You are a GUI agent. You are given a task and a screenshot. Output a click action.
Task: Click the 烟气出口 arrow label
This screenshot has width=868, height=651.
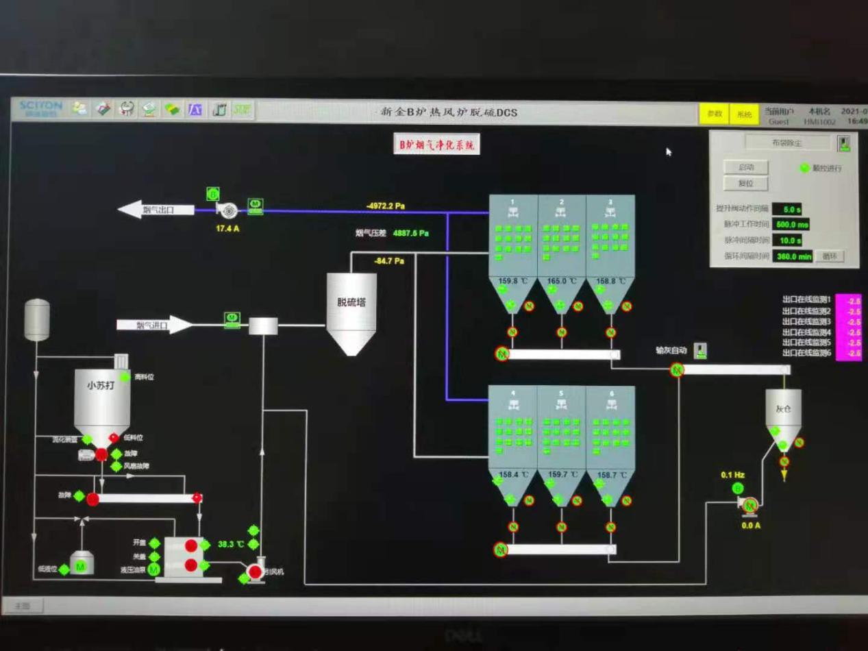click(x=158, y=210)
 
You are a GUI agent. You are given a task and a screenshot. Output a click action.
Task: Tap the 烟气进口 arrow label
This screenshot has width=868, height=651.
click(x=152, y=325)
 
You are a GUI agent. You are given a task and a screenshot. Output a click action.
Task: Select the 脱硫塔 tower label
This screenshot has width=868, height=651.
click(x=351, y=302)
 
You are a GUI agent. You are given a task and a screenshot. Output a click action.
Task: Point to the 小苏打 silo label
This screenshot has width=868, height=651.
click(x=101, y=385)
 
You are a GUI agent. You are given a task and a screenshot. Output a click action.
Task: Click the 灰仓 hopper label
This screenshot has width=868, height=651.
click(x=783, y=409)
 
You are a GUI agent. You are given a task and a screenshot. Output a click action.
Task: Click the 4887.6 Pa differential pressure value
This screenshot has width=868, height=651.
click(x=410, y=233)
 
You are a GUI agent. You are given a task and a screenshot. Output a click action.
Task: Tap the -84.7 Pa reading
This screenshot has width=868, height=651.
click(x=389, y=261)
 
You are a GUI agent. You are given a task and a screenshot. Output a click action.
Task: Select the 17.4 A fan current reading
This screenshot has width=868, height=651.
click(x=227, y=228)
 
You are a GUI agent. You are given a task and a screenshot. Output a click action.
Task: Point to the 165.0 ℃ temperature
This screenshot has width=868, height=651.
click(x=561, y=281)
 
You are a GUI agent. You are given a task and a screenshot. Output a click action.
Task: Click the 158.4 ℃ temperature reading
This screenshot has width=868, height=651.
click(x=513, y=474)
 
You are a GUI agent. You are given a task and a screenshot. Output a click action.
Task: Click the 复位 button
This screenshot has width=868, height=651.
click(x=745, y=184)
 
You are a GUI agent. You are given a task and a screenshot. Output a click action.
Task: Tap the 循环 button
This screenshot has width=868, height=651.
click(x=829, y=256)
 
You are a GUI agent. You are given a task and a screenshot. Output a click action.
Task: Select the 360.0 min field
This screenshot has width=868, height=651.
click(x=793, y=256)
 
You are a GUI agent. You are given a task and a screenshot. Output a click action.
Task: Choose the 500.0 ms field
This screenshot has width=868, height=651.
click(x=791, y=224)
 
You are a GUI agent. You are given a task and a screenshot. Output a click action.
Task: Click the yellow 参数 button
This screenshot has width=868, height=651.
click(x=715, y=114)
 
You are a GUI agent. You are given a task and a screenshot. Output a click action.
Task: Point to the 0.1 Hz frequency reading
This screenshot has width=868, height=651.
click(x=732, y=475)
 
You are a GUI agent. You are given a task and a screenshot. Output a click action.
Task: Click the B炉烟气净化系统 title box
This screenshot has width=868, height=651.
click(x=437, y=145)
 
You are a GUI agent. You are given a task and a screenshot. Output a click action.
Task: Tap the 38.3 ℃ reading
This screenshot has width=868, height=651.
click(x=231, y=544)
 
